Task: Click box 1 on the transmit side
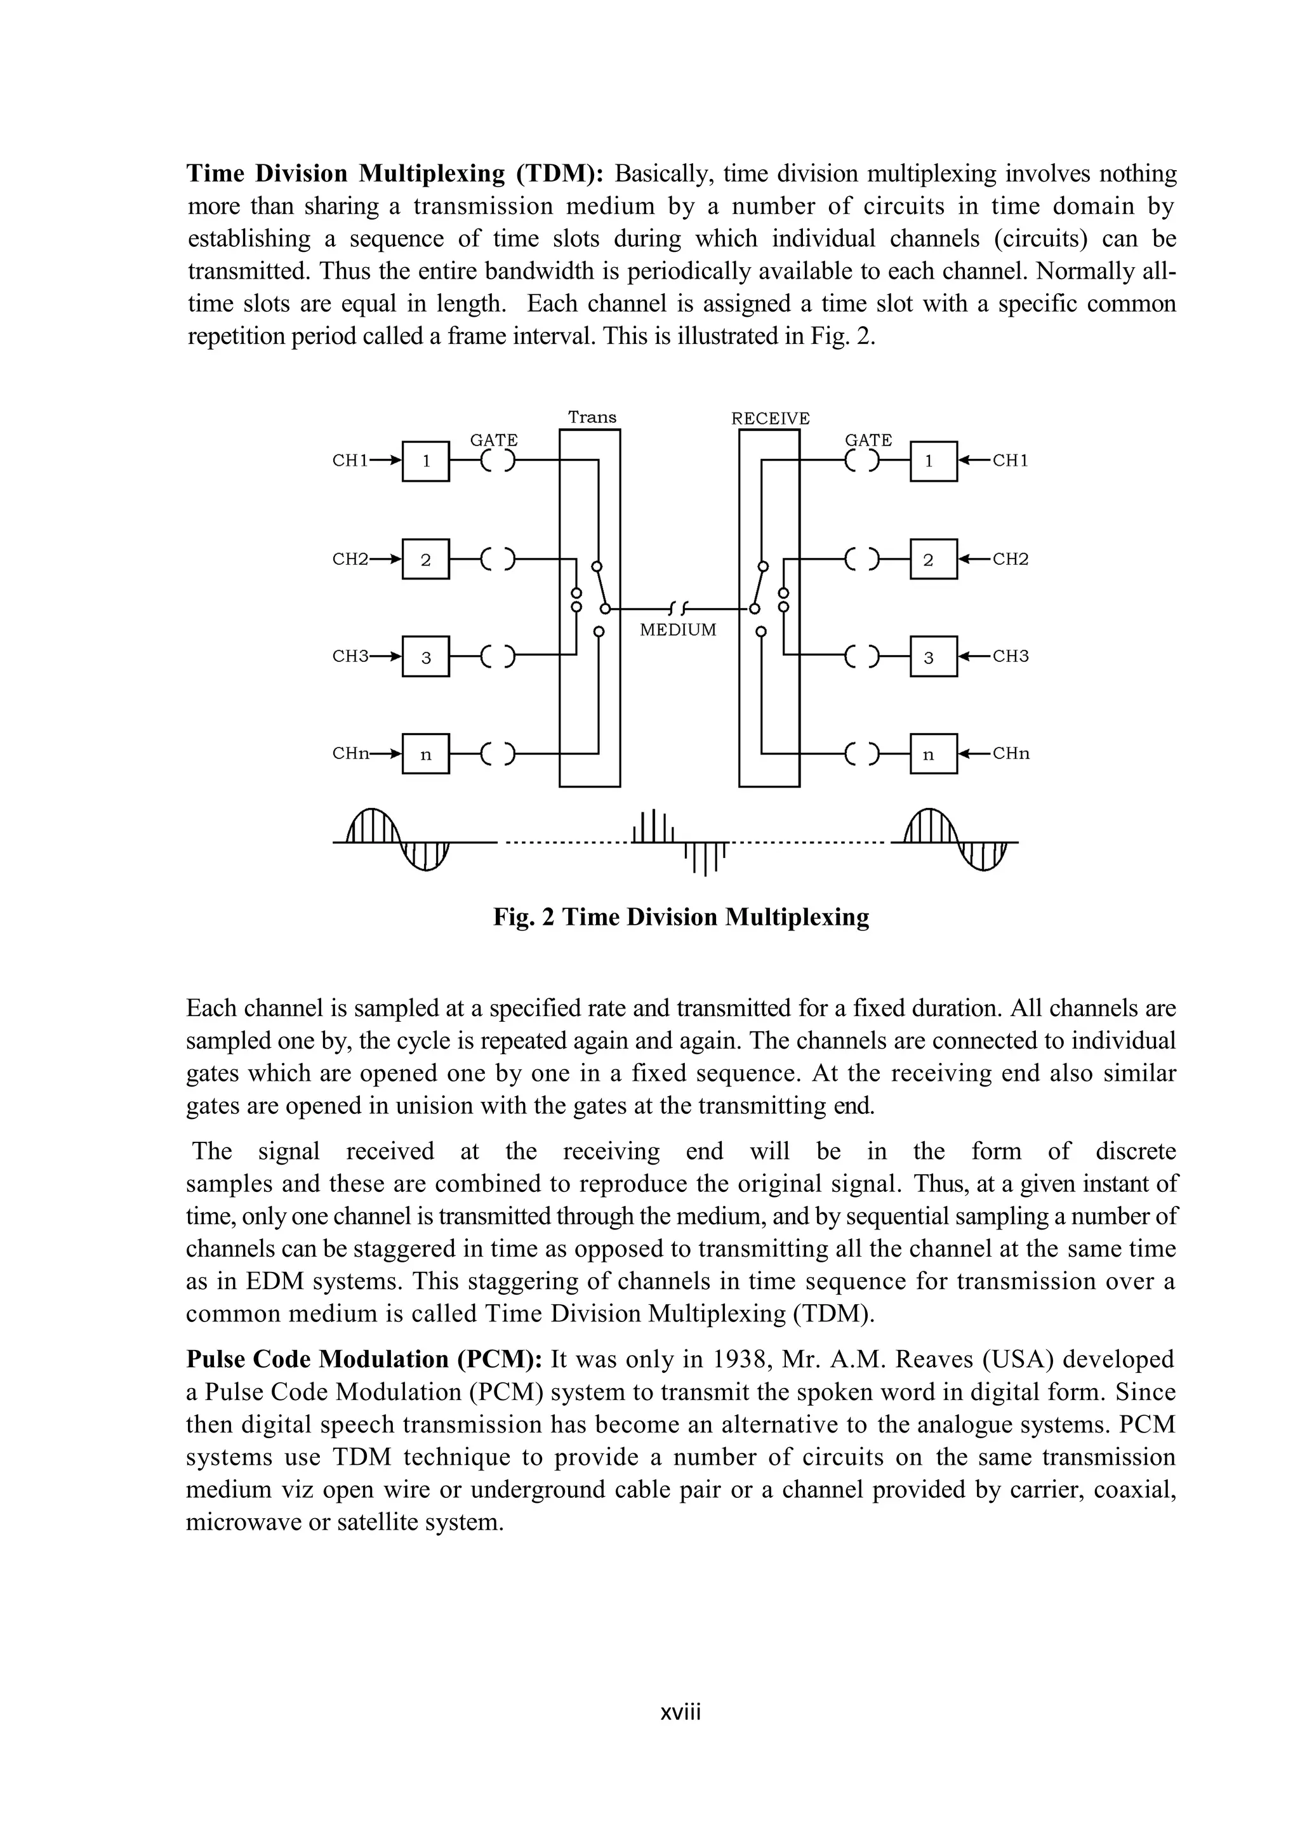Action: (425, 461)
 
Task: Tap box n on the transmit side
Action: (425, 754)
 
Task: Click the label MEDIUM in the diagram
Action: (678, 630)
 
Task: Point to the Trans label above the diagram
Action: (592, 417)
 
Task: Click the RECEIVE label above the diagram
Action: (770, 418)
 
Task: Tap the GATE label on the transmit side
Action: (493, 439)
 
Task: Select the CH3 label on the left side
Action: (350, 656)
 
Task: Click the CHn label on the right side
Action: (1011, 753)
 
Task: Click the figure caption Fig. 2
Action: (680, 916)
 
